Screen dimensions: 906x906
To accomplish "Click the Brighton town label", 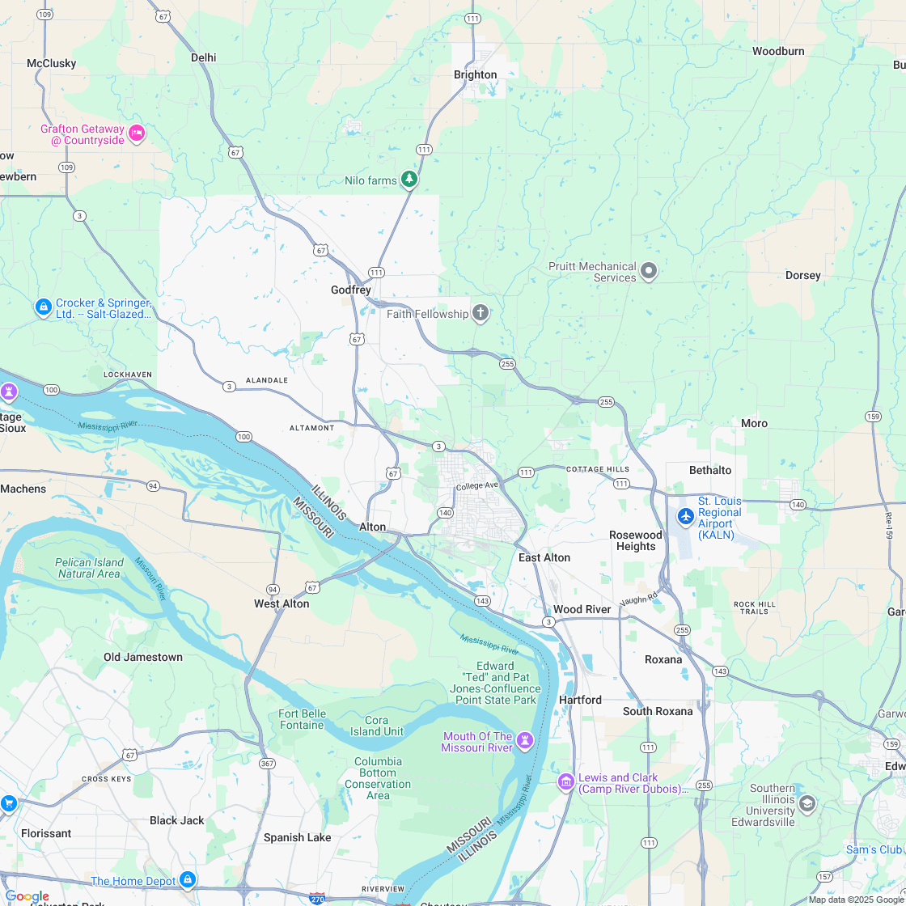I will (475, 74).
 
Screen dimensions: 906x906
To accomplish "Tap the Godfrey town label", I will (350, 290).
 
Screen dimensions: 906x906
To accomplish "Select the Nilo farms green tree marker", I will (410, 179).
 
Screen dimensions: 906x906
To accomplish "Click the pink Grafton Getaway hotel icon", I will (137, 133).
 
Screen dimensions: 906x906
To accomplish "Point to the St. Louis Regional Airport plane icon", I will (685, 515).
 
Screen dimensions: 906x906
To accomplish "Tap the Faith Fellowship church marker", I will (481, 313).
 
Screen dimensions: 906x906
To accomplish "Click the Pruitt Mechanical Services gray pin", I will (649, 271).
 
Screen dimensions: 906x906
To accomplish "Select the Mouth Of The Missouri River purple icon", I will (525, 740).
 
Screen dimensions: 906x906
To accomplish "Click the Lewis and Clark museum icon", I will (565, 781).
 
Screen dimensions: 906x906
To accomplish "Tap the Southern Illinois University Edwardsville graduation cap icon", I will (807, 803).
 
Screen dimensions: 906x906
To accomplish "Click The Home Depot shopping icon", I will (188, 879).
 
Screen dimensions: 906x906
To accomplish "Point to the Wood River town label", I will (582, 609).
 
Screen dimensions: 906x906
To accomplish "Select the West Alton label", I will (282, 603).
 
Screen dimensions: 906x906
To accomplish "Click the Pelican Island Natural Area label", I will (89, 568).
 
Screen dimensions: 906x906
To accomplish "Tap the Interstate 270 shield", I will (317, 898).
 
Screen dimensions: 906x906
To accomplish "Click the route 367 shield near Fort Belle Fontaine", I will (266, 763).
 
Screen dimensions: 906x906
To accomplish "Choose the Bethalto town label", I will (710, 470).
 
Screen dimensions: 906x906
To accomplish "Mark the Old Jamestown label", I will (143, 657).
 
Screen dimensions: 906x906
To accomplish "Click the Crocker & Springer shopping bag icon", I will (44, 307).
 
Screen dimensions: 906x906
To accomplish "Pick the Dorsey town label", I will (802, 275).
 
